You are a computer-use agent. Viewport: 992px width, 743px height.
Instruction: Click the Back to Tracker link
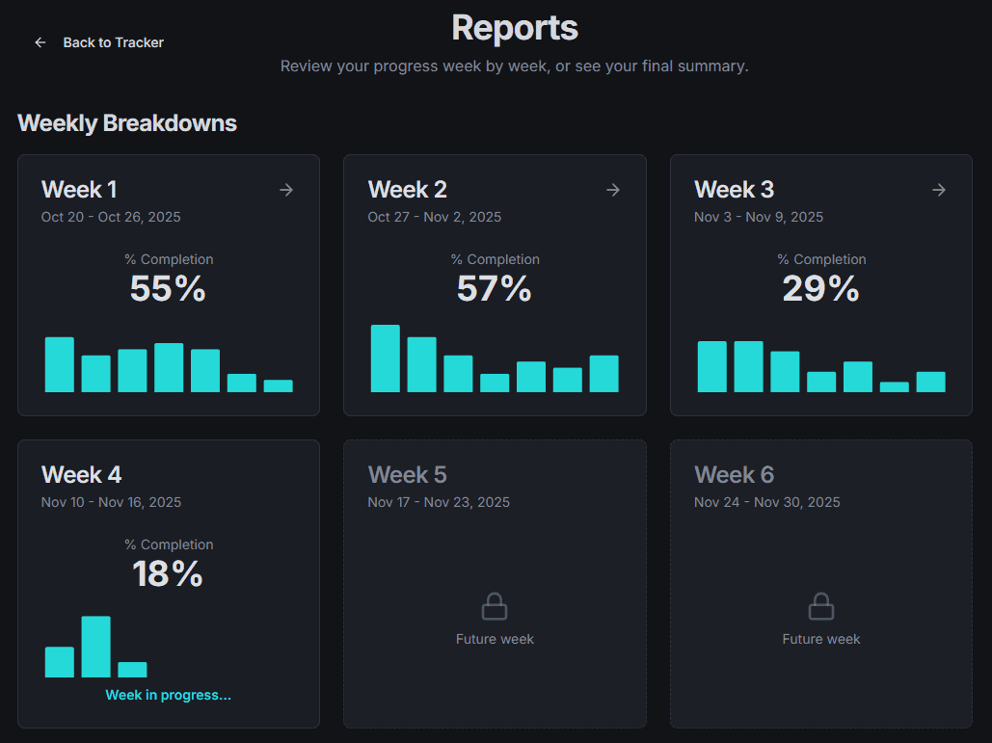(x=99, y=42)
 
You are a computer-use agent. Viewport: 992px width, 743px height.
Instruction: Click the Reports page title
(x=515, y=28)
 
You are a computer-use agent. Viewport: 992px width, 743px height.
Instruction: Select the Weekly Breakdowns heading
(x=127, y=123)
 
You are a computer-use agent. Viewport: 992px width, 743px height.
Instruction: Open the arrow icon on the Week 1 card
(x=286, y=190)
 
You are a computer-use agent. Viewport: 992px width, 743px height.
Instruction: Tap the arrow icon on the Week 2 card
(x=613, y=190)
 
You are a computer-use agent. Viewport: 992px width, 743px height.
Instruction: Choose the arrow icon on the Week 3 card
(x=939, y=190)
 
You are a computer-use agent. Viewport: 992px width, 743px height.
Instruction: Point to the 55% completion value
(x=168, y=288)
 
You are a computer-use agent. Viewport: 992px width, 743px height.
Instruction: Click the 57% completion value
(x=495, y=288)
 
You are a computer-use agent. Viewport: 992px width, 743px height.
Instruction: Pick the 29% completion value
(x=820, y=288)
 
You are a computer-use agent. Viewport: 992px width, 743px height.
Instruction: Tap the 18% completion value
(x=168, y=573)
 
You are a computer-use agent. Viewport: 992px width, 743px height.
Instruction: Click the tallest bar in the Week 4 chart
(x=95, y=647)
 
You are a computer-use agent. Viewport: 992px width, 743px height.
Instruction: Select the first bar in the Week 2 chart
(x=386, y=358)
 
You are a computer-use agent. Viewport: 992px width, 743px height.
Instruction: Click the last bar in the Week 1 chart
(x=278, y=385)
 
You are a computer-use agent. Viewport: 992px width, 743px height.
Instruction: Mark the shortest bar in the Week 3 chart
(x=894, y=386)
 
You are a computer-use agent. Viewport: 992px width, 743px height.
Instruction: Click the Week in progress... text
(x=169, y=695)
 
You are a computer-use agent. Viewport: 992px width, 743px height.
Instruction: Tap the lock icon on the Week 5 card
(x=495, y=607)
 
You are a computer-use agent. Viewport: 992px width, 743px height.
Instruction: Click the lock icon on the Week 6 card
(x=820, y=607)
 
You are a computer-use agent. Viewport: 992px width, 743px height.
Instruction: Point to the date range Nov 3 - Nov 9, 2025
(x=759, y=217)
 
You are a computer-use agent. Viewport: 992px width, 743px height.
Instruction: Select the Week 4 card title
(x=82, y=475)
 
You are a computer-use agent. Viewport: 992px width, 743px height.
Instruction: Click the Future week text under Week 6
(x=820, y=639)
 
